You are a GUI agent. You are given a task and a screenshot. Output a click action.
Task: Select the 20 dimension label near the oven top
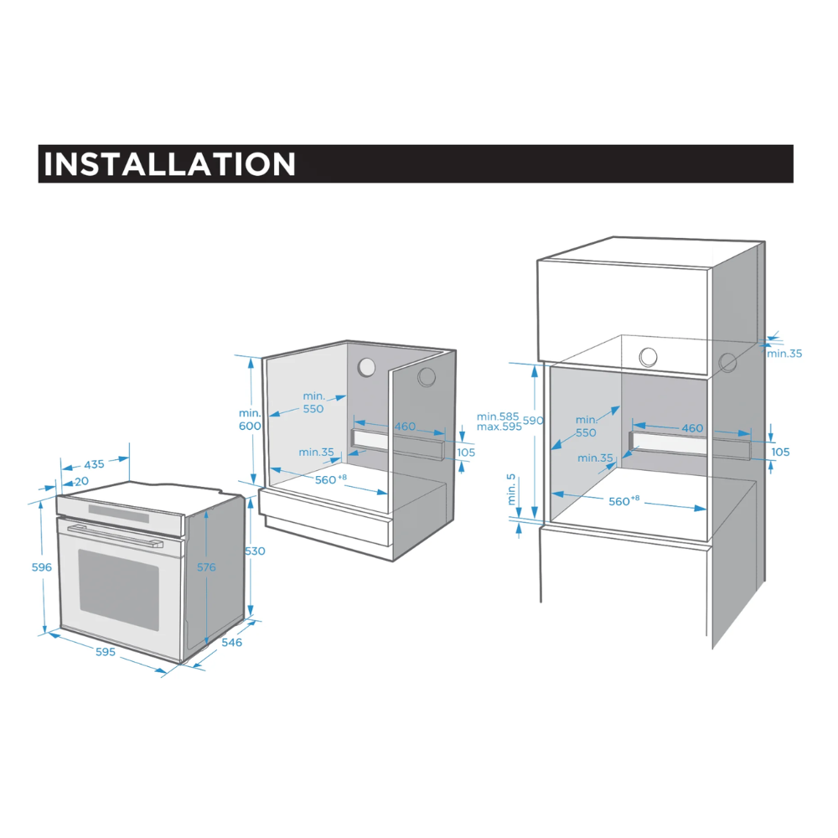81,482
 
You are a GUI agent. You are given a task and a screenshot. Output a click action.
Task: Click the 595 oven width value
105,651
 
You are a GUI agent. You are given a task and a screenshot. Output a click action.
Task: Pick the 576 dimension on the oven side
206,567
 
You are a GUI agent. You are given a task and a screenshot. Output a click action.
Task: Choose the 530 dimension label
255,551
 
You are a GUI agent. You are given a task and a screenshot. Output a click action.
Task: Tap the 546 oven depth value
231,643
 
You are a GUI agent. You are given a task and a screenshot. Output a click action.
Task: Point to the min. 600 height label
250,419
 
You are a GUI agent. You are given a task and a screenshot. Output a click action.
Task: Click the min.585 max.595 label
499,422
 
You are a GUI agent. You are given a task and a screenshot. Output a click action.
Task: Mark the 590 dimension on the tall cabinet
535,421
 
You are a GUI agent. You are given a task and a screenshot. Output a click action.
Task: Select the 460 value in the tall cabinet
692,428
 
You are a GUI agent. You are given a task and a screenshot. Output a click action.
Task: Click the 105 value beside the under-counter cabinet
466,453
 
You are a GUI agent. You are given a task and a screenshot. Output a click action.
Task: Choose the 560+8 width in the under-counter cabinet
330,479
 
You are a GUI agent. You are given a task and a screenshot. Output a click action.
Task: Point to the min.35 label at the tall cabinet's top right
784,354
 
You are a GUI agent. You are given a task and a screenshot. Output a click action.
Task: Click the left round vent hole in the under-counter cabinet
366,367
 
